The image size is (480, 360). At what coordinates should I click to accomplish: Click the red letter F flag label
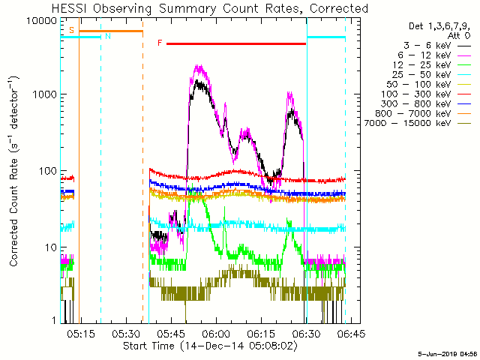point(160,43)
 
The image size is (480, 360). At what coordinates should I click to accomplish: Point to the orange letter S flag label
point(71,30)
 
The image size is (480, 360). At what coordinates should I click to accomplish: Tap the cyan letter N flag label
point(108,36)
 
